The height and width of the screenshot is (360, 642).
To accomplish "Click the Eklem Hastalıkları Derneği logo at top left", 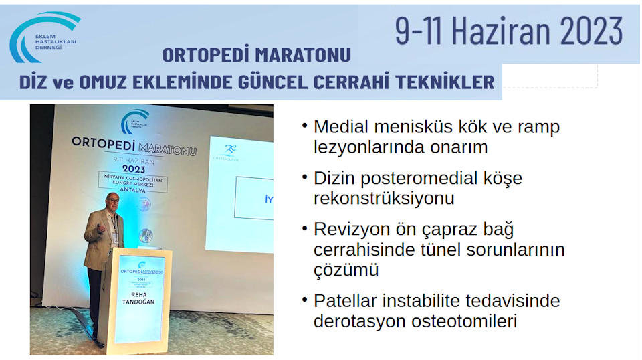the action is coord(44,37).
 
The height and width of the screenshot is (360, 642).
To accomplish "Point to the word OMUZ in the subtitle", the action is coord(103,82).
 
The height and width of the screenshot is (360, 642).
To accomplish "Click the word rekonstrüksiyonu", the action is coord(384,198).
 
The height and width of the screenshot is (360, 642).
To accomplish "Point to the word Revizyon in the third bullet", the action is coord(351,230).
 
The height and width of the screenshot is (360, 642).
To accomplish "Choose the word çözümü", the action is coord(346,270).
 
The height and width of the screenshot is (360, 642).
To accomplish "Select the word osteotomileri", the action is coord(464,321).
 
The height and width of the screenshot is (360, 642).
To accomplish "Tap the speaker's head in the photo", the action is coord(112,202).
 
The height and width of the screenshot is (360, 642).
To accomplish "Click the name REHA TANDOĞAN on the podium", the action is coord(138,298).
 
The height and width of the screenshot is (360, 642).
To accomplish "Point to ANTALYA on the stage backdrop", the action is coord(132,190).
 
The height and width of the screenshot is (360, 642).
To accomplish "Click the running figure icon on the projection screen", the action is coord(230,149).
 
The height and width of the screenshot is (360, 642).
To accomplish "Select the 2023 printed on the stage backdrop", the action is coord(134,169).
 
